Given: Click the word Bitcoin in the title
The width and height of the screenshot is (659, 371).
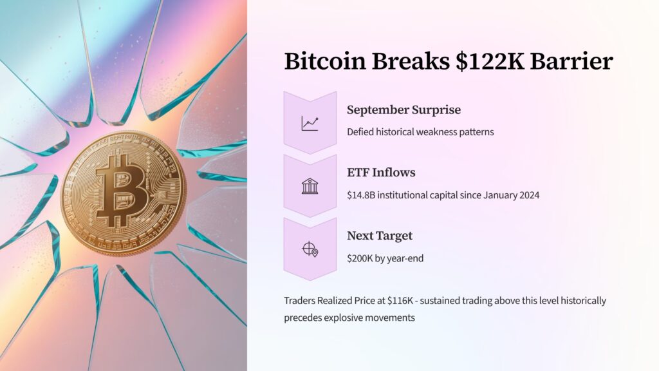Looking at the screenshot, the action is pos(325,61).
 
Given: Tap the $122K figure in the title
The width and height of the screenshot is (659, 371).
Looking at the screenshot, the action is pos(490,61).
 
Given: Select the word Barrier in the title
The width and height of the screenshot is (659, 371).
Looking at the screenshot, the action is pos(571,61).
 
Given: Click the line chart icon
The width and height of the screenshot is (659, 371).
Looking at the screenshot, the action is pos(310,123).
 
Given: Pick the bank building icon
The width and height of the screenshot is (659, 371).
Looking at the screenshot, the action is pos(310,186).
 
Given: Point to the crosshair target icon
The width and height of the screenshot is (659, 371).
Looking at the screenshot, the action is pos(310,249).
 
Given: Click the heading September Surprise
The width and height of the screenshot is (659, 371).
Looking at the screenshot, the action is pos(404,109).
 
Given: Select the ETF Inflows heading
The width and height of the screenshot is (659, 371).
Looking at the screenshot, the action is pos(381,173).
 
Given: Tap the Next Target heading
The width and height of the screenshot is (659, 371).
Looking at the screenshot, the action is pos(380,236).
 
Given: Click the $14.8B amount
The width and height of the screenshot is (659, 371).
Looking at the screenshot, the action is pos(361,195).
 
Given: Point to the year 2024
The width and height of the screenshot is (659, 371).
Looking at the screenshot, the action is pos(529,195).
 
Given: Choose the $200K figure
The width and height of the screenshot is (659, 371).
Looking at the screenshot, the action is pos(360,258).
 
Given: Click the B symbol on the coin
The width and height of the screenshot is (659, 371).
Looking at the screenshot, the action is pos(122,191).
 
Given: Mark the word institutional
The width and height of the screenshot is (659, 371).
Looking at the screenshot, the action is pos(407,195).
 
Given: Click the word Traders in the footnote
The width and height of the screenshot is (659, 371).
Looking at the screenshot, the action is pos(299,301).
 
